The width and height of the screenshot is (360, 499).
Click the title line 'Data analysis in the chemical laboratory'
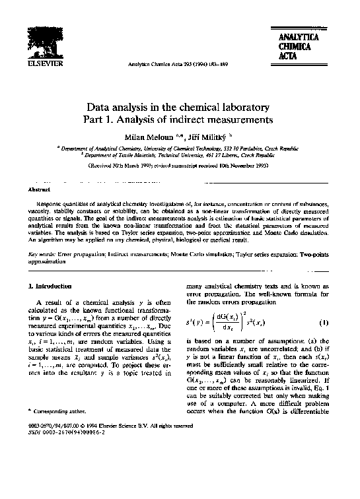[x=179, y=107]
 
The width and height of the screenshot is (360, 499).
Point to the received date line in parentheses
[x=179, y=167]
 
